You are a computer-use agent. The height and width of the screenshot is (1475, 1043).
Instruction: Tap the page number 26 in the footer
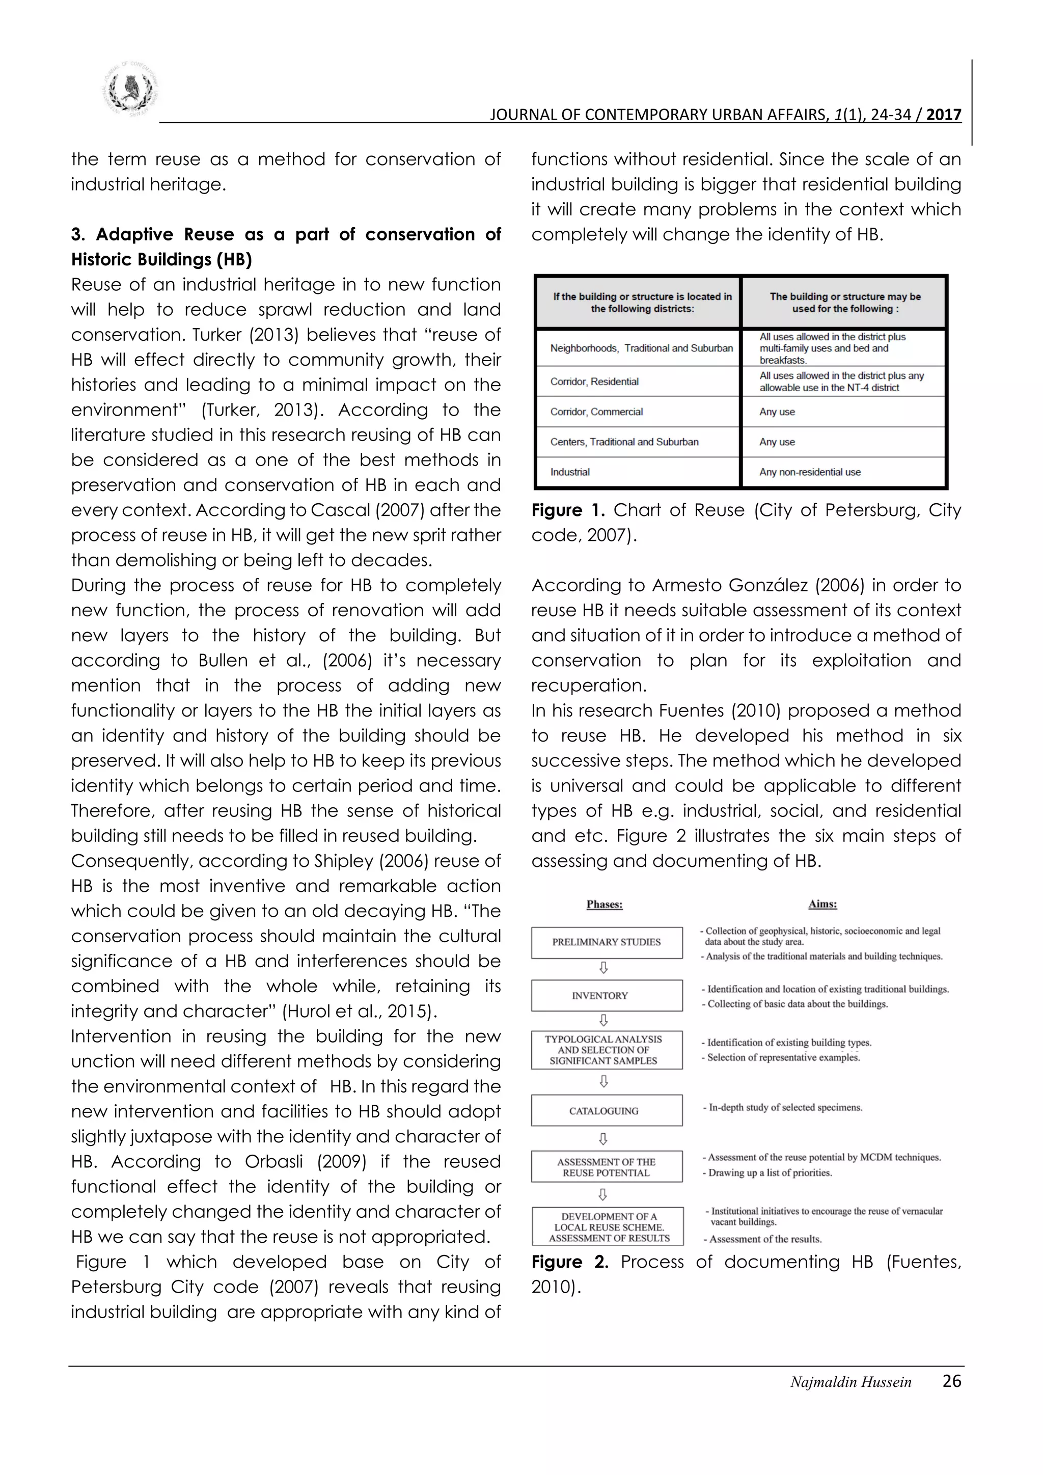click(x=951, y=1381)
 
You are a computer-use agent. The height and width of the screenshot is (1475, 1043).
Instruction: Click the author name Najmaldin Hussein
click(x=850, y=1382)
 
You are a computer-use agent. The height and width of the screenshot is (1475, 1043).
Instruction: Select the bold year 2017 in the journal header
click(x=944, y=115)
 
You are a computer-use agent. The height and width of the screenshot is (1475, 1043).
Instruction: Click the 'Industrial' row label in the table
click(x=570, y=472)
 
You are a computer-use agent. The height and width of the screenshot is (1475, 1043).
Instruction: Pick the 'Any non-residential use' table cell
click(x=810, y=472)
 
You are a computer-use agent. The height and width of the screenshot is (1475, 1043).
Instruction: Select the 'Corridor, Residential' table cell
click(x=594, y=381)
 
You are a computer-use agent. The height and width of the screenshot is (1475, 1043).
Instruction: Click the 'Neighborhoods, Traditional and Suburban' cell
click(x=641, y=348)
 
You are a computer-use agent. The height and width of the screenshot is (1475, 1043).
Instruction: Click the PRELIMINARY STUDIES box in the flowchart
click(x=606, y=942)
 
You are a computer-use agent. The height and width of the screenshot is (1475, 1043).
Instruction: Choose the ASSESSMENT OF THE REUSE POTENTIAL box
click(x=606, y=1167)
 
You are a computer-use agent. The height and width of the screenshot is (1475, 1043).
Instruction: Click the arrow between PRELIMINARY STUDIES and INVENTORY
click(x=603, y=968)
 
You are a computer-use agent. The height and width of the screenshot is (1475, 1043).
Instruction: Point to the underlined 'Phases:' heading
click(x=605, y=905)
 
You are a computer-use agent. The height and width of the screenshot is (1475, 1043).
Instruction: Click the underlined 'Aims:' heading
click(x=822, y=905)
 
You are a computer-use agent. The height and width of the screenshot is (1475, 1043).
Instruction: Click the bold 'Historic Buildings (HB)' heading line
click(x=161, y=260)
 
